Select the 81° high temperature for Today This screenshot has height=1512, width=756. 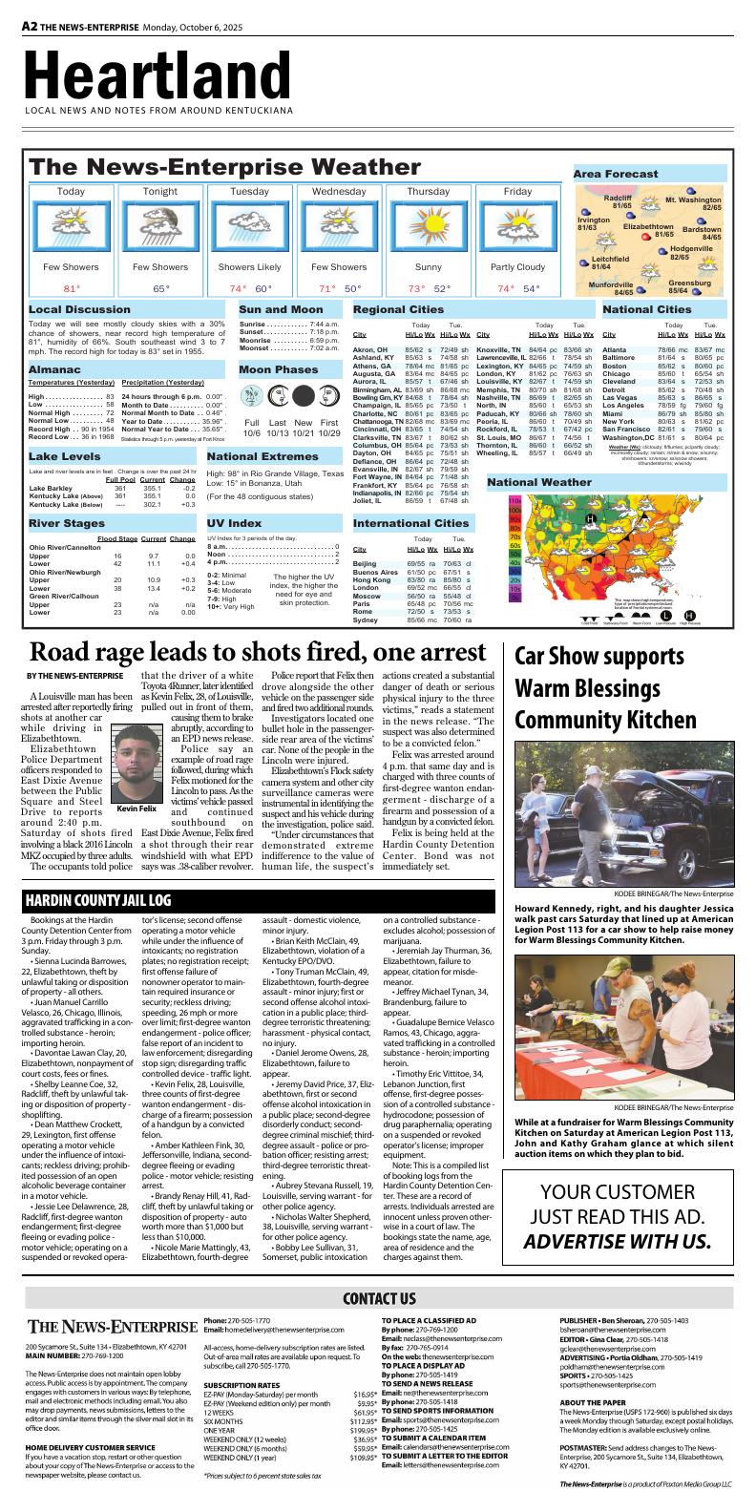72,288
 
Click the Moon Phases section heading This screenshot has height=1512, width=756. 279,369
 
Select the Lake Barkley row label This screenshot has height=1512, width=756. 52,488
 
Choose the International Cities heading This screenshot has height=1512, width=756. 410,523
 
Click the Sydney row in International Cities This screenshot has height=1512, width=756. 366,620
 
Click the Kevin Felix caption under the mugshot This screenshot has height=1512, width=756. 136,808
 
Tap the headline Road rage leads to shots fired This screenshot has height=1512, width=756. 258,654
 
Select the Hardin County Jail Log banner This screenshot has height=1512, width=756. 97,900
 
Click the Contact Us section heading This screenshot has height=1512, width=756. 378,1298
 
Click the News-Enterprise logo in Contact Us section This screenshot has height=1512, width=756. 111,1327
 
